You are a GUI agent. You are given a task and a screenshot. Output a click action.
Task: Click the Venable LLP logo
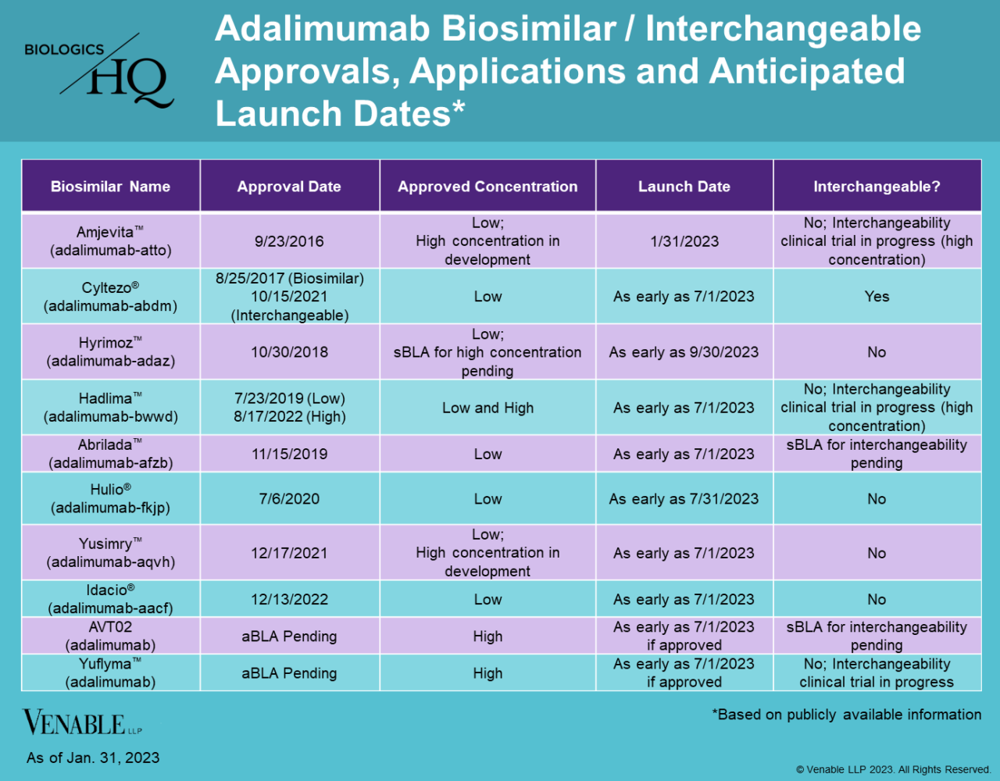82,722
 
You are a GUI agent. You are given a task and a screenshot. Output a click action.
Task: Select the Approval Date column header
289,187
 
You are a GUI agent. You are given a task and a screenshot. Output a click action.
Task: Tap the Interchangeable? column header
877,187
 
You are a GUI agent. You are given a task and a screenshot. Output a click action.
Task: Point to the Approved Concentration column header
487,187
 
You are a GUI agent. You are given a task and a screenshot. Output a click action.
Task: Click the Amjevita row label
110,241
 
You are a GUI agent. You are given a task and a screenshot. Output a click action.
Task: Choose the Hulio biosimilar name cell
110,498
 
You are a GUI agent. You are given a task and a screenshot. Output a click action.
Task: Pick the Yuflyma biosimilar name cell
110,672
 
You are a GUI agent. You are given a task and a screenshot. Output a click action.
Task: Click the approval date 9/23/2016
289,241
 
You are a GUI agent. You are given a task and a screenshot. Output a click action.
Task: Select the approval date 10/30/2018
289,352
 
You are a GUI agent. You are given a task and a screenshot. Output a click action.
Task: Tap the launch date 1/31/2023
684,241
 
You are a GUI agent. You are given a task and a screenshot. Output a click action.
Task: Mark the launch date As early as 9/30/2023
684,352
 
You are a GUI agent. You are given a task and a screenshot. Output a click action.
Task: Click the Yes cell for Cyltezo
877,297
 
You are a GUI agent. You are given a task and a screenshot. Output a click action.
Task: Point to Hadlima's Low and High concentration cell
487,408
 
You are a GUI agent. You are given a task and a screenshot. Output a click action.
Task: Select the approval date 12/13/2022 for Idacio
289,600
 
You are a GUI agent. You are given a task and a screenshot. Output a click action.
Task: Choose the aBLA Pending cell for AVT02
289,637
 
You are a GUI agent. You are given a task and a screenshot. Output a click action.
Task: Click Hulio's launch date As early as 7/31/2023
684,499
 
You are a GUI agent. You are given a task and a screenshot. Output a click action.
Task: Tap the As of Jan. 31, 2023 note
93,758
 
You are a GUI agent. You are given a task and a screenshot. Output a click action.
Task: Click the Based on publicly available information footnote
847,715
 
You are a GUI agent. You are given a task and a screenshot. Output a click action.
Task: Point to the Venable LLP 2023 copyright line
893,770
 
